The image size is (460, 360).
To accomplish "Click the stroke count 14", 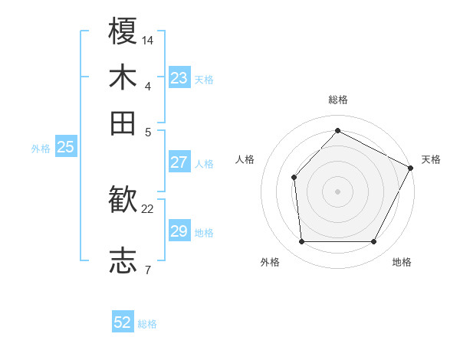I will [x=148, y=40].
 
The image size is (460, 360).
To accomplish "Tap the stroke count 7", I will [x=147, y=270].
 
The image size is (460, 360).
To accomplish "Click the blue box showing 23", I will [x=179, y=78].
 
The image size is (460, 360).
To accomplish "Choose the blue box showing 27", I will [x=179, y=162].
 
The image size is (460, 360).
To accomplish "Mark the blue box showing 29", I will [x=179, y=231].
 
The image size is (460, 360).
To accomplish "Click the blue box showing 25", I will [x=66, y=148].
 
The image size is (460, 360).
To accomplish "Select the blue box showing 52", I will [x=123, y=322].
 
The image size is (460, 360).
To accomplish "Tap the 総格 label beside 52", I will [x=147, y=324].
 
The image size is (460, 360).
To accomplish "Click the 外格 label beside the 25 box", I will [x=41, y=149].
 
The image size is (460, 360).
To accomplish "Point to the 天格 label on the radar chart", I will [x=431, y=159].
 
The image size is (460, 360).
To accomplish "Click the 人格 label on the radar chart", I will [x=245, y=159].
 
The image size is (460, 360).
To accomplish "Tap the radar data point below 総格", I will [x=337, y=131].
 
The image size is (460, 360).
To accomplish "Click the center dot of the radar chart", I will [x=337, y=191].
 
